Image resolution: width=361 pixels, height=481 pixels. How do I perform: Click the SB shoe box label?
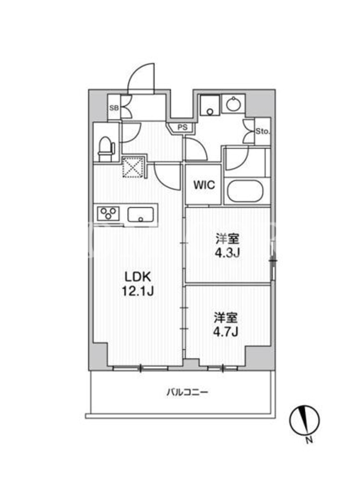114,108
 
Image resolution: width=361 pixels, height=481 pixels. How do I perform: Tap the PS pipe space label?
183,127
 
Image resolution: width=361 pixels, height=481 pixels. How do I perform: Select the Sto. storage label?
263,132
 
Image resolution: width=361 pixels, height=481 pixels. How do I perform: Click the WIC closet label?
204,185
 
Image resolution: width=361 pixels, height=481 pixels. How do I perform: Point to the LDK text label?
137,277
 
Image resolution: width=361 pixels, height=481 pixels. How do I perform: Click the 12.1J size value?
138,292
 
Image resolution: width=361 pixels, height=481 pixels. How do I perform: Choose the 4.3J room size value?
227,253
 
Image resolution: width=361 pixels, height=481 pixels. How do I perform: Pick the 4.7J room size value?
226,332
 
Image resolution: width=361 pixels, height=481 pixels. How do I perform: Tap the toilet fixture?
106,149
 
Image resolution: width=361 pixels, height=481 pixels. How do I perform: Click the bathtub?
245,191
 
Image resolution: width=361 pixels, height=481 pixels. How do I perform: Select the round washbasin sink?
233,103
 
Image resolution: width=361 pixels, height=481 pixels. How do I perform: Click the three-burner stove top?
108,213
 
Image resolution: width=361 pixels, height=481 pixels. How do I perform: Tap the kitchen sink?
141,214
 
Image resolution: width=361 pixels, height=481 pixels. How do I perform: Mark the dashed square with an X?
134,167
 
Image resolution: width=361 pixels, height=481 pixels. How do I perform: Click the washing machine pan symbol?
210,105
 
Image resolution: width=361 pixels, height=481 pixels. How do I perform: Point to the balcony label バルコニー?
187,393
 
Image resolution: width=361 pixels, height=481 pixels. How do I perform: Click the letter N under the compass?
309,441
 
